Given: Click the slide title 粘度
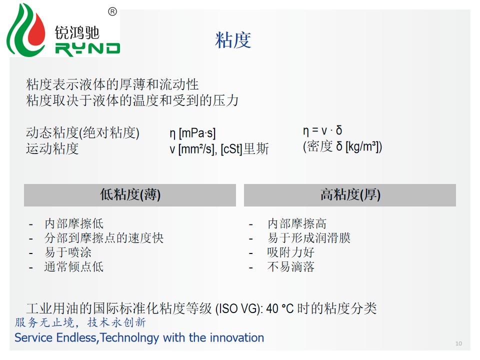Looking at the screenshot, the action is pos(233,40).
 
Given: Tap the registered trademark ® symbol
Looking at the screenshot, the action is pos(112,12).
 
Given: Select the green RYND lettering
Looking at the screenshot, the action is pos(87,49).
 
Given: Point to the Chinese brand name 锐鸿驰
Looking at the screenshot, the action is pos(77,33).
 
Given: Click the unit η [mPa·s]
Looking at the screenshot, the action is pos(192,133).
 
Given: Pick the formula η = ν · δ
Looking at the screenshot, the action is pos(322,130).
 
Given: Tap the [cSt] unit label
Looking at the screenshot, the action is pos(231,149).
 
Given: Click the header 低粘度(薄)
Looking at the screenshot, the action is pos(130,194).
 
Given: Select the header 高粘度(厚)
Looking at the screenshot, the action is pos(350,194).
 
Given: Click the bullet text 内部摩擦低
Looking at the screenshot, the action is pos(74,223).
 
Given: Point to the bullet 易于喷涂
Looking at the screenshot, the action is pos(68,252).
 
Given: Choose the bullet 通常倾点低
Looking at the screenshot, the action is pos(74,266).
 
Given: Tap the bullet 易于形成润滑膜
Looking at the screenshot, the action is pos(309,238).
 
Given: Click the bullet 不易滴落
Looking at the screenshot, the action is pos(291,266).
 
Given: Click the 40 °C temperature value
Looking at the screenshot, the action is pos(280,308).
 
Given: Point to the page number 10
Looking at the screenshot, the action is pos(458,343).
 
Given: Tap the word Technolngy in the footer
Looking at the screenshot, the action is pos(129,338).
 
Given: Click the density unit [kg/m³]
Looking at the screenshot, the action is pos(362,147).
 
